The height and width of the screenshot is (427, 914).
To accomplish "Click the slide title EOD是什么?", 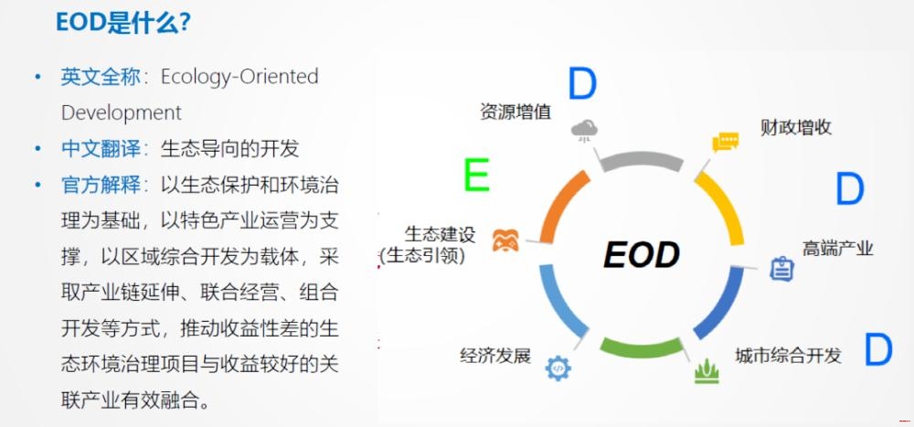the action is [123, 22].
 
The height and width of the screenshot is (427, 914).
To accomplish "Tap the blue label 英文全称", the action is [101, 77].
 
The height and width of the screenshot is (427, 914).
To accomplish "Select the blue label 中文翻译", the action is [101, 149].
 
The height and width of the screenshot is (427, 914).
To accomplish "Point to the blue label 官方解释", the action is [101, 185].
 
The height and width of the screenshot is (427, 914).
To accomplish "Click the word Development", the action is [122, 112].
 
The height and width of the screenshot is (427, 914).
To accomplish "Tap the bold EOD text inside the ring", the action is [642, 255].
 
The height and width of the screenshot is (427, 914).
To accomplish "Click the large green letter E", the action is [476, 175].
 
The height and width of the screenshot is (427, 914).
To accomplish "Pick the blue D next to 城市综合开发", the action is [877, 349].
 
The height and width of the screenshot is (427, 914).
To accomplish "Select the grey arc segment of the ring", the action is [642, 161].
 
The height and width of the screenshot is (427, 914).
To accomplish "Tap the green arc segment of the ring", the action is [642, 347].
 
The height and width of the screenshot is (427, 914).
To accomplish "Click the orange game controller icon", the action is [505, 240].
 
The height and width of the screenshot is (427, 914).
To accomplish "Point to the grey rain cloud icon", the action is [584, 130].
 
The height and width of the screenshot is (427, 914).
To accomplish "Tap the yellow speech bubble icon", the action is [725, 142].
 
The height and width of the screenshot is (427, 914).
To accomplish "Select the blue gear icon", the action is [558, 368].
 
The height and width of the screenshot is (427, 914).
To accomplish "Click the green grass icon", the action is [707, 371].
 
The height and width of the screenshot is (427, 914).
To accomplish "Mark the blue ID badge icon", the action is [781, 269].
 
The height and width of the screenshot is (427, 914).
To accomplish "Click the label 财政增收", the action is [796, 127].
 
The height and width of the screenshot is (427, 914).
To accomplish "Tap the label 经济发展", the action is [495, 356].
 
